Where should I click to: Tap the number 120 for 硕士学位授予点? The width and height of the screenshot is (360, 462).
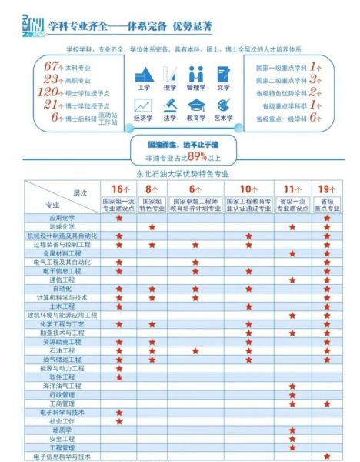pos(49,92)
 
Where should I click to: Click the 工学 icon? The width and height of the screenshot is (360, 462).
pos(144,75)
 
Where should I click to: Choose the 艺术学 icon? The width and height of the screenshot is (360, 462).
pos(223,106)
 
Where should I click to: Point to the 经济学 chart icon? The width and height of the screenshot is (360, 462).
pos(144,106)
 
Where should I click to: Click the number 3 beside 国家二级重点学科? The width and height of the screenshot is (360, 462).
pos(314,79)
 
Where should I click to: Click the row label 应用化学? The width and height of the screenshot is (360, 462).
pos(62,218)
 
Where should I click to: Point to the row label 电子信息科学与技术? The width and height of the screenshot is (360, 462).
pos(62,456)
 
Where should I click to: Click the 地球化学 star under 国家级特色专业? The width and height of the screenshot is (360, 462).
pos(152,227)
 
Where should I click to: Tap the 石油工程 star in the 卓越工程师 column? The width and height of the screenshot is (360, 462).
pos(195,350)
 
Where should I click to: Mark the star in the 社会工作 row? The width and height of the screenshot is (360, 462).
pos(118,421)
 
